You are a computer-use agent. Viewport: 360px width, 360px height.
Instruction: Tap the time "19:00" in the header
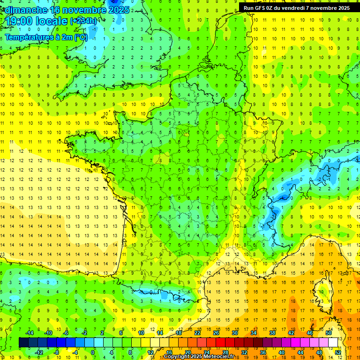click(19, 21)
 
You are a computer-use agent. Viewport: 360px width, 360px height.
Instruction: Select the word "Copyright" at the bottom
click(177, 357)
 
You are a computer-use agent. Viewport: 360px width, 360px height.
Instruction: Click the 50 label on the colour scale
click(329, 333)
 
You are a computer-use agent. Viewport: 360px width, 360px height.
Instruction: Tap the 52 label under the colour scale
click(338, 352)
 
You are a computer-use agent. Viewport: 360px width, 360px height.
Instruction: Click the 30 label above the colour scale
click(234, 333)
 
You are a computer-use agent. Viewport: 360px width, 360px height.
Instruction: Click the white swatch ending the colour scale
click(333, 343)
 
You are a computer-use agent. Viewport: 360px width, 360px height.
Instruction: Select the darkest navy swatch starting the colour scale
click(23, 343)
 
